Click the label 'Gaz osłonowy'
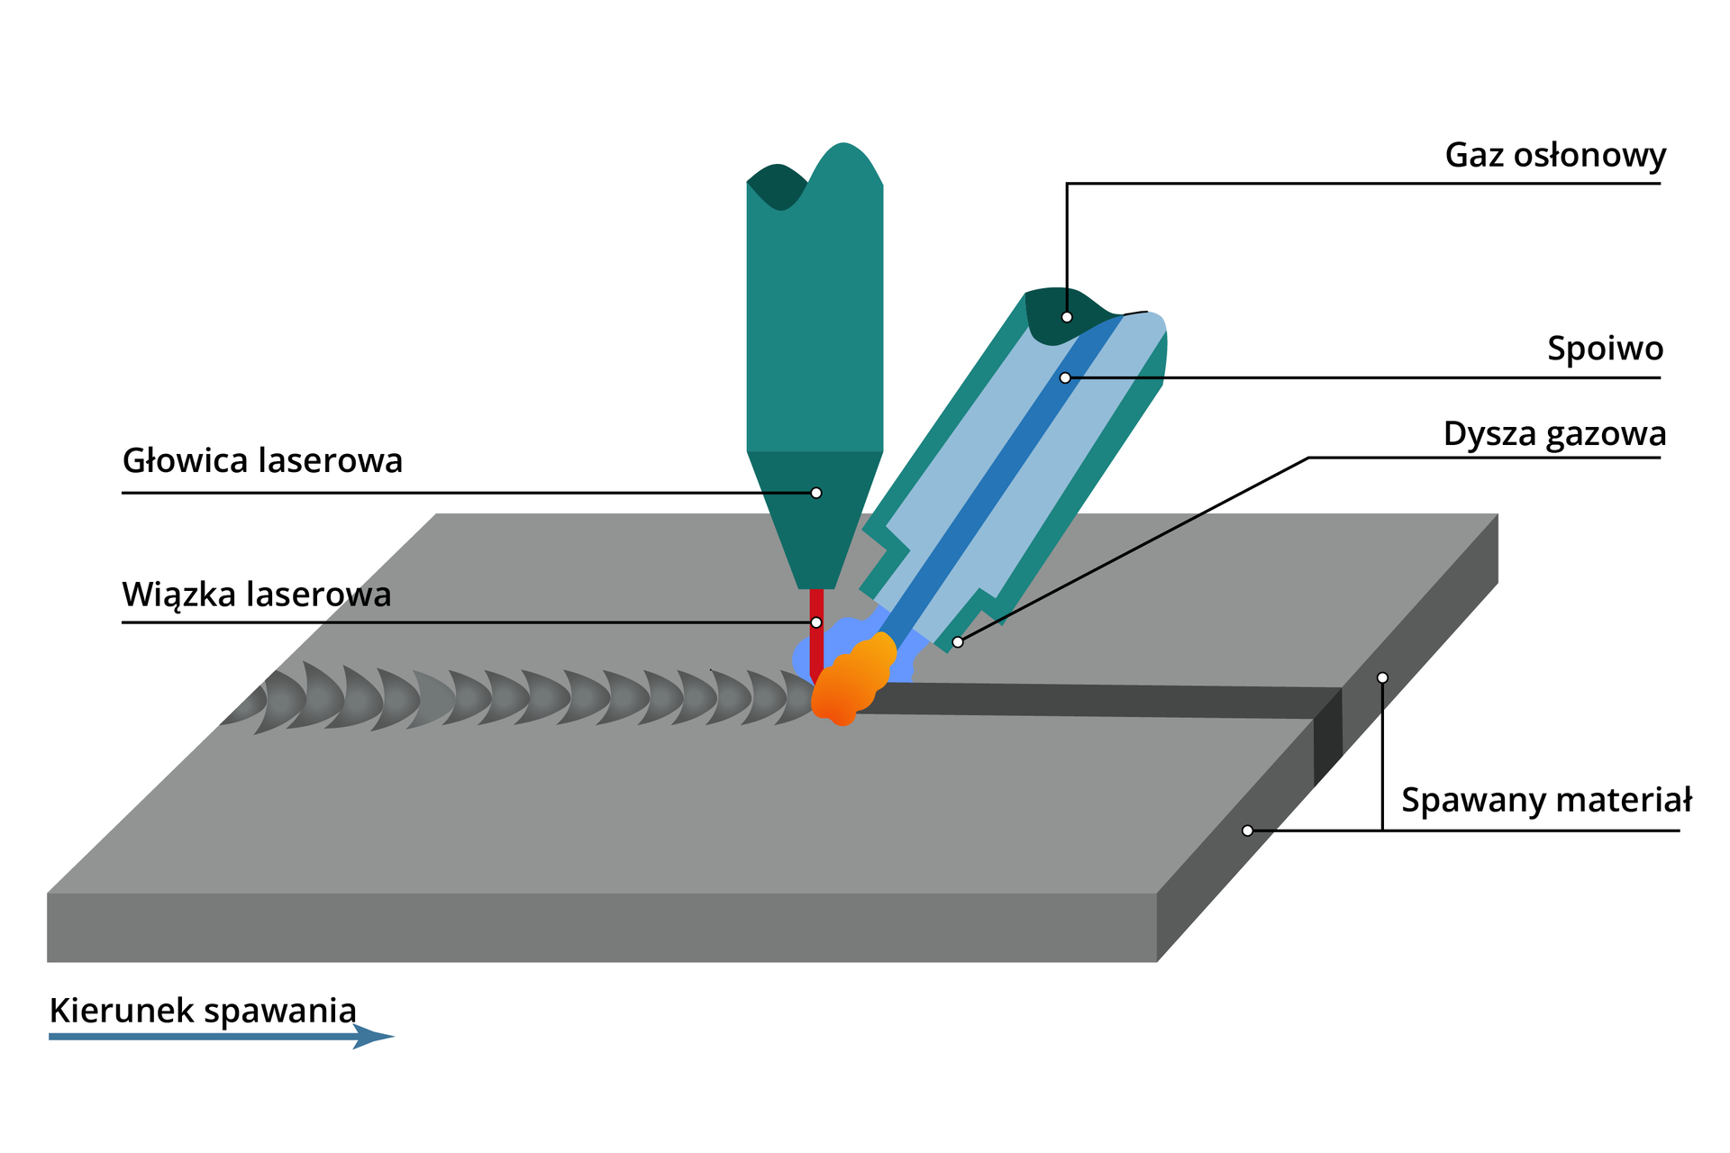coord(1554,156)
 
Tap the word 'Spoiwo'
coord(1605,349)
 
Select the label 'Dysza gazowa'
coord(1554,434)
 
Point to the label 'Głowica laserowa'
coord(262,461)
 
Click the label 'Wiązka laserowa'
coord(257,595)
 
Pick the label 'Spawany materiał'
coord(1546,800)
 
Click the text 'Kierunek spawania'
coord(203,1011)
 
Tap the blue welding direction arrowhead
coord(374,1037)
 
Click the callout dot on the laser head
coord(816,493)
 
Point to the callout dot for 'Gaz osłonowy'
coord(1067,317)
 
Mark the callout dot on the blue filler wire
coord(1065,378)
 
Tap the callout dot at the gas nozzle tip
coord(958,642)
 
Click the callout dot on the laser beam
coord(816,622)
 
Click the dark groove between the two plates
coord(1081,701)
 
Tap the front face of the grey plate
coord(595,928)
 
